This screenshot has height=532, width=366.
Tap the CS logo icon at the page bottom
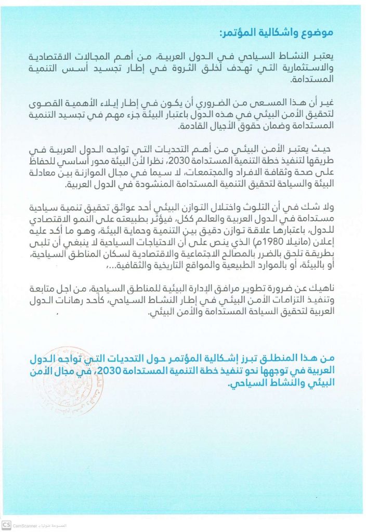pyautogui.click(x=6, y=525)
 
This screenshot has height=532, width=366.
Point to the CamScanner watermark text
pyautogui.click(x=25, y=525)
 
